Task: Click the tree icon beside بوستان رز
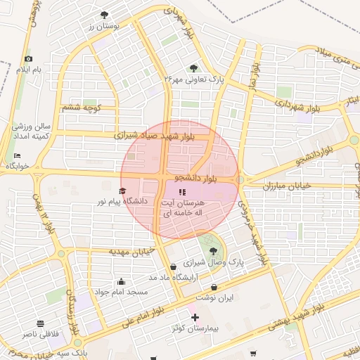tap(104, 15)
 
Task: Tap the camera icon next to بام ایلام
tap(28, 59)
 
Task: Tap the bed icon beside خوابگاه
tap(17, 155)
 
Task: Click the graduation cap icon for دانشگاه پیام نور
tap(122, 191)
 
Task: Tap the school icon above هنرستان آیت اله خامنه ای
tap(182, 191)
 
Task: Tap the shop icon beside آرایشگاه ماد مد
tap(173, 266)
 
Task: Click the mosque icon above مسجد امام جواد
tap(122, 281)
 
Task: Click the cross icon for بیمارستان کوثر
tap(195, 318)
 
